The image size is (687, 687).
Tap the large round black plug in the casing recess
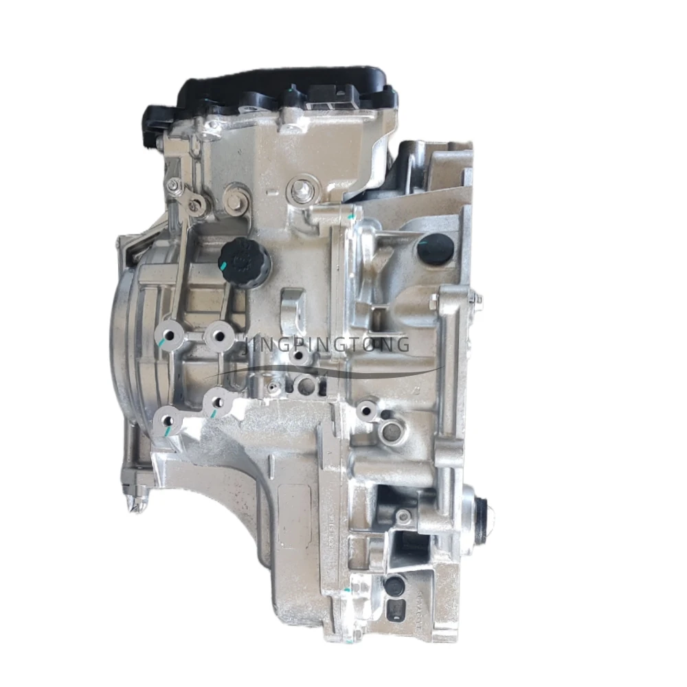tap(436, 249)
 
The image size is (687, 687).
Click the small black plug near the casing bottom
tap(394, 585)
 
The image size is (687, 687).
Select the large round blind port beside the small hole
tap(390, 432)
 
